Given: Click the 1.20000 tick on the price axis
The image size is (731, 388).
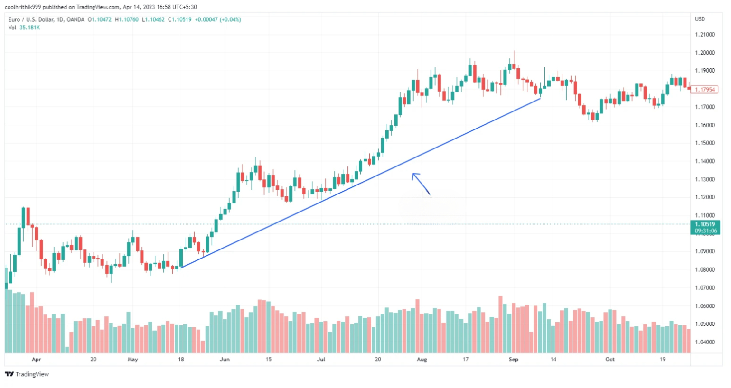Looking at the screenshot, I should [x=704, y=53].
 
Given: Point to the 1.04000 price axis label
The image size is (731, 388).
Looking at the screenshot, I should [x=704, y=342].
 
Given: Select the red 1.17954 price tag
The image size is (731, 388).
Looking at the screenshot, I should [x=704, y=90].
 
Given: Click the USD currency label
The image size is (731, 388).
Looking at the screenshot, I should [x=700, y=19].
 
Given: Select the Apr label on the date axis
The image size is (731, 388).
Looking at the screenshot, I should [x=36, y=360].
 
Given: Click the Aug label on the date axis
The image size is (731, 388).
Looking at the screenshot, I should [x=422, y=360].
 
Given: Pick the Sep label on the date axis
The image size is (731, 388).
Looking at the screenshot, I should [x=513, y=360].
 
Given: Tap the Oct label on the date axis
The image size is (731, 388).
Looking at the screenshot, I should [x=609, y=360].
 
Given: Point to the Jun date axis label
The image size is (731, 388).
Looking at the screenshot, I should [x=225, y=360].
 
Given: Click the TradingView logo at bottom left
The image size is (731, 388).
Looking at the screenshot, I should [x=27, y=374].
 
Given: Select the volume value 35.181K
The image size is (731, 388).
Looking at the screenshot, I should [x=29, y=28].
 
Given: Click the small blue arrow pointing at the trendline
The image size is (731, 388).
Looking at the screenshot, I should [x=421, y=184].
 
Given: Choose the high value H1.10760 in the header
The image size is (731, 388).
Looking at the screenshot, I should [x=126, y=19].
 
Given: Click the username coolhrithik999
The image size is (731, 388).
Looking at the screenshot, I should [x=22, y=7].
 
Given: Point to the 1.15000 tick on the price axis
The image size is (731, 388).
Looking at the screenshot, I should [x=704, y=143].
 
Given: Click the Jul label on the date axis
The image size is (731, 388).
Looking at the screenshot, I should [x=321, y=360].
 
